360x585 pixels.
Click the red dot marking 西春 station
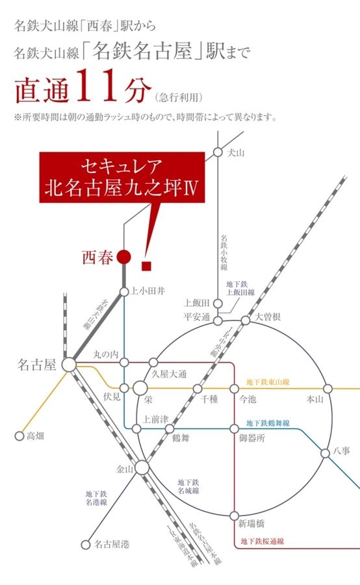123,257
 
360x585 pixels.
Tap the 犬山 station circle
217,152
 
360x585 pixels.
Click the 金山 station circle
142,467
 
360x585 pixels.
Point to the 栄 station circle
140,388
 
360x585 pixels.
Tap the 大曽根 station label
267,317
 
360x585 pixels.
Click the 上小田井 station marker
123,291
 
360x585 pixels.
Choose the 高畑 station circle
19,436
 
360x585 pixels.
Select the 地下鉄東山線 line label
267,382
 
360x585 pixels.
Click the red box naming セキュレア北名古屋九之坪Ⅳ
122,178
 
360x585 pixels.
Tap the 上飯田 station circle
217,303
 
